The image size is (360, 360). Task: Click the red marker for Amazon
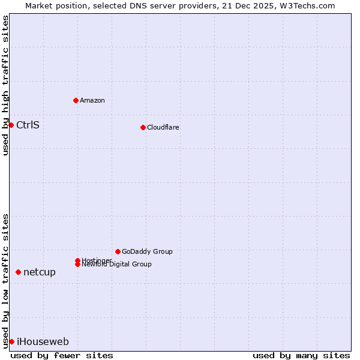pos(76,100)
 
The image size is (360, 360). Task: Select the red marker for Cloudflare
pos(143,127)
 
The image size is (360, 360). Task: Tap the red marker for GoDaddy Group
pos(118,251)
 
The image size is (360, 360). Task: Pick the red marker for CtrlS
pos(11,125)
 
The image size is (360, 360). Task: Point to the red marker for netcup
pos(18,272)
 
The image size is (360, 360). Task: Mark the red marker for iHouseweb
pos(11,341)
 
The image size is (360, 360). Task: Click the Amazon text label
pos(92,100)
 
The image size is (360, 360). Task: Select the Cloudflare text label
pos(163,127)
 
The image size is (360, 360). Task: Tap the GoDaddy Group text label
pos(147,251)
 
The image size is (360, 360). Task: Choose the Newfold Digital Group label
pos(116,265)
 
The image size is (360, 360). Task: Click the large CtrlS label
pos(28,125)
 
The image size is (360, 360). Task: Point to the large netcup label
pos(40,272)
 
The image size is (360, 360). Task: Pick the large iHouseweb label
pos(43,341)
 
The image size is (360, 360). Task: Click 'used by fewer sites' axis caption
pos(62,355)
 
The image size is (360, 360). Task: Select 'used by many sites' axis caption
pos(301,355)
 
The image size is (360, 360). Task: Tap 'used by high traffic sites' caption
pos(5,85)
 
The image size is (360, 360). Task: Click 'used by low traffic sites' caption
pos(5,281)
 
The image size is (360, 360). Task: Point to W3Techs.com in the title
pos(307,5)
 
